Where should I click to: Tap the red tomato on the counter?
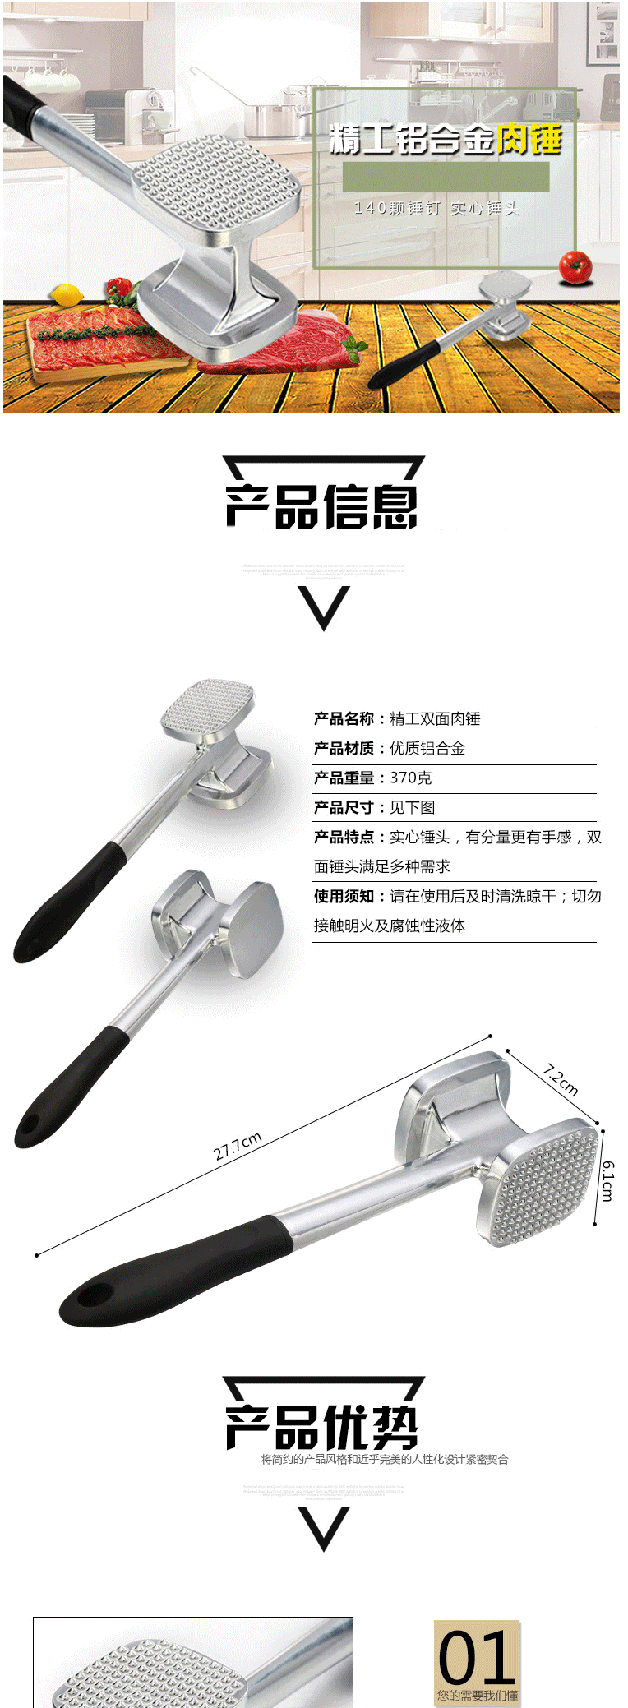[x=575, y=266]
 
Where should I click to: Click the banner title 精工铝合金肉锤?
[x=445, y=140]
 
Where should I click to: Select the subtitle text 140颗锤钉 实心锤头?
[x=436, y=209]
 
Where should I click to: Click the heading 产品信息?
[x=322, y=505]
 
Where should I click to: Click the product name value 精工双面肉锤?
[x=435, y=719]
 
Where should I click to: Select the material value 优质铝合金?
[x=427, y=749]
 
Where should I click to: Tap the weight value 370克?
[x=410, y=778]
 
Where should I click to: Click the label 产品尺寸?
[x=344, y=808]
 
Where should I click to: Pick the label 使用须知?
[x=344, y=897]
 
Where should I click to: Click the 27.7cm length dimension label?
[x=238, y=1146]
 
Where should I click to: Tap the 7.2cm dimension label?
[x=561, y=1080]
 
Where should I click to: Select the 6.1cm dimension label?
[x=607, y=1180]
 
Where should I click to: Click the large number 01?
[x=477, y=1659]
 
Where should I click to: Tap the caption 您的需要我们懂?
[x=478, y=1695]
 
